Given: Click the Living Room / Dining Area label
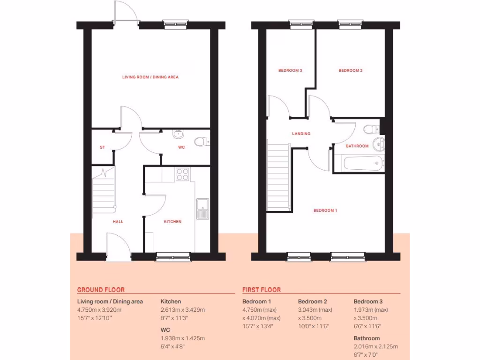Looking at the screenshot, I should pos(150,77).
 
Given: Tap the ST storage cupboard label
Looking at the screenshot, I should pos(102,147).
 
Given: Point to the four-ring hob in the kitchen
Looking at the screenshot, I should pos(182,174).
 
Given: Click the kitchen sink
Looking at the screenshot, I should pos(202,209).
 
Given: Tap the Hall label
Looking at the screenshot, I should pos(118,222).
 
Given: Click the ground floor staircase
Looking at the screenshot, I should pos(104,192).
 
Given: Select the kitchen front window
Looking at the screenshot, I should pos(173,256).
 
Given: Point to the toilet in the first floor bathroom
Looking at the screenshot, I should pos(371,129).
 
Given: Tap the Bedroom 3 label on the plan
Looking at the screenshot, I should pos(290,71).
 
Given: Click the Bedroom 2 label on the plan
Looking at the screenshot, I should pos(351,71).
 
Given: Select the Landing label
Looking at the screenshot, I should pos(301,134).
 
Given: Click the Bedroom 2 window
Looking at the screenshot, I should pos(347,22).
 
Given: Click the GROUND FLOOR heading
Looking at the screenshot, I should pos(101,290).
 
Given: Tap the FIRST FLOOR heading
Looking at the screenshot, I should pos(262,290).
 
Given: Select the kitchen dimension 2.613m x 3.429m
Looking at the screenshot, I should pos(183,310).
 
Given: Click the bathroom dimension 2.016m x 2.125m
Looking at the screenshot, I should pos(375,346).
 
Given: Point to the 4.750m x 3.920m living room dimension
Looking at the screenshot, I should pos(99,310).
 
